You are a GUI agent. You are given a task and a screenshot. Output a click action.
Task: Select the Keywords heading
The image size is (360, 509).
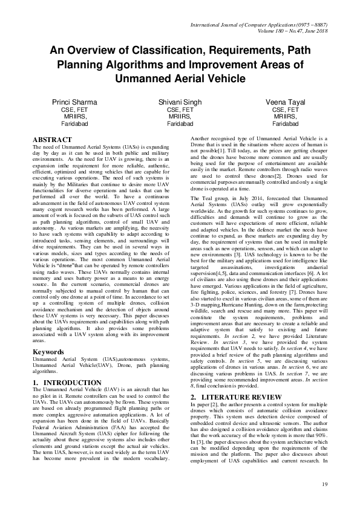tap(48, 334)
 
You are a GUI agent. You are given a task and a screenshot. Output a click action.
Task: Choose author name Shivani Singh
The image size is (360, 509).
tap(180, 103)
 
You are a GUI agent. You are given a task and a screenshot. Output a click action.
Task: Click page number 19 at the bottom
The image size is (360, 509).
tap(324, 484)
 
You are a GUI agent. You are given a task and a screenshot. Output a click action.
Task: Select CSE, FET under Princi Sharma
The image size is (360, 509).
tap(74, 110)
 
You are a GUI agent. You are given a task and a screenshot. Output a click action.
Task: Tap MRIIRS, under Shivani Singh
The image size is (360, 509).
tap(180, 117)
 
